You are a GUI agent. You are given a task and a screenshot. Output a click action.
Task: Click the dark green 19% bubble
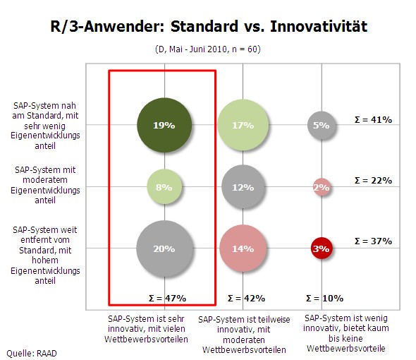coord(164,125)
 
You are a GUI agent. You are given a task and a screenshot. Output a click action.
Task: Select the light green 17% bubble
coord(243,125)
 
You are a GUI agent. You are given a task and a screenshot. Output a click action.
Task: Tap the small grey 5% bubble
coord(322,125)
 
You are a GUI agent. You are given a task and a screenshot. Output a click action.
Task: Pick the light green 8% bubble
coord(164,187)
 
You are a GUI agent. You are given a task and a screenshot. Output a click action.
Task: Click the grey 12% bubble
coord(243,187)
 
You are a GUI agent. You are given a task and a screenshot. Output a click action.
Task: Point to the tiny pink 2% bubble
coord(322,187)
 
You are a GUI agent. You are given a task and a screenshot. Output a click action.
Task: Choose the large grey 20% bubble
coord(164,248)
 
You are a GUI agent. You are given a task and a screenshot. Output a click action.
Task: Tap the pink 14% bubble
coord(243,248)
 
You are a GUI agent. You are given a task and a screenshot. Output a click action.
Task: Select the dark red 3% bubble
coord(322,248)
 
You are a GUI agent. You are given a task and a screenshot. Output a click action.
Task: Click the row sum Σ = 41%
coord(373,120)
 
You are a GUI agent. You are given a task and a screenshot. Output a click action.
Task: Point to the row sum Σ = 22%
coord(373,181)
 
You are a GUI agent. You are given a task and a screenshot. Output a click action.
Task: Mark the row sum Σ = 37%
coord(373,241)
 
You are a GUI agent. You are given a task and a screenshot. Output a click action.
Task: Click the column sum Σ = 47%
coord(167,299)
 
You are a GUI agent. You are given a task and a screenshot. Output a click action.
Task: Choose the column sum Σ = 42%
coord(246,299)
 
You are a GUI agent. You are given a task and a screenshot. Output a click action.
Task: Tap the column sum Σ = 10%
coord(324,299)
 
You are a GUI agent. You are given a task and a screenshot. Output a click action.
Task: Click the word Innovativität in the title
coord(319,27)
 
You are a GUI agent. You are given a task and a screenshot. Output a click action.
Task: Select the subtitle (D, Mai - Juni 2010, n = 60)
coord(208,49)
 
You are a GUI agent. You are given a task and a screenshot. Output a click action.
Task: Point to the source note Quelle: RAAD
coord(32,354)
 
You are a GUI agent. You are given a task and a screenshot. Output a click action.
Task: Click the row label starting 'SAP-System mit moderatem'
coord(45,185)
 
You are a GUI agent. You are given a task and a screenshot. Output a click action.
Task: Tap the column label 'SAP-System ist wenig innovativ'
coord(346,333)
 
